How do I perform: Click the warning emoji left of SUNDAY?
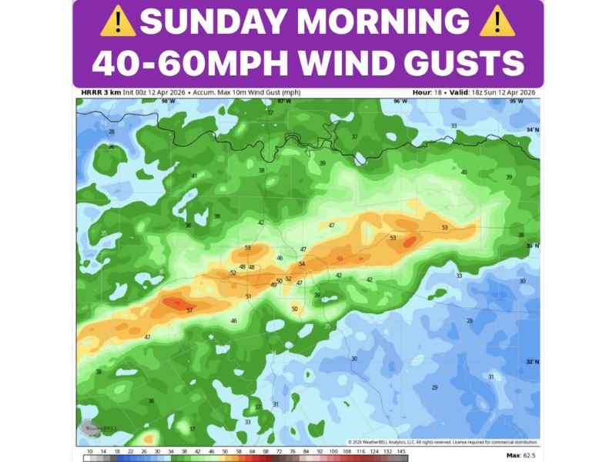tap(117, 22)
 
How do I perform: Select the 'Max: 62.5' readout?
tap(523, 455)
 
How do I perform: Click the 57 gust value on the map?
tap(189, 310)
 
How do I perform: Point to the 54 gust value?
tap(302, 264)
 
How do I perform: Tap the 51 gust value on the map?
tap(248, 296)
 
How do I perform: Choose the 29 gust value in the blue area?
tap(434, 387)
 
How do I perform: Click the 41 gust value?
tap(194, 176)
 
